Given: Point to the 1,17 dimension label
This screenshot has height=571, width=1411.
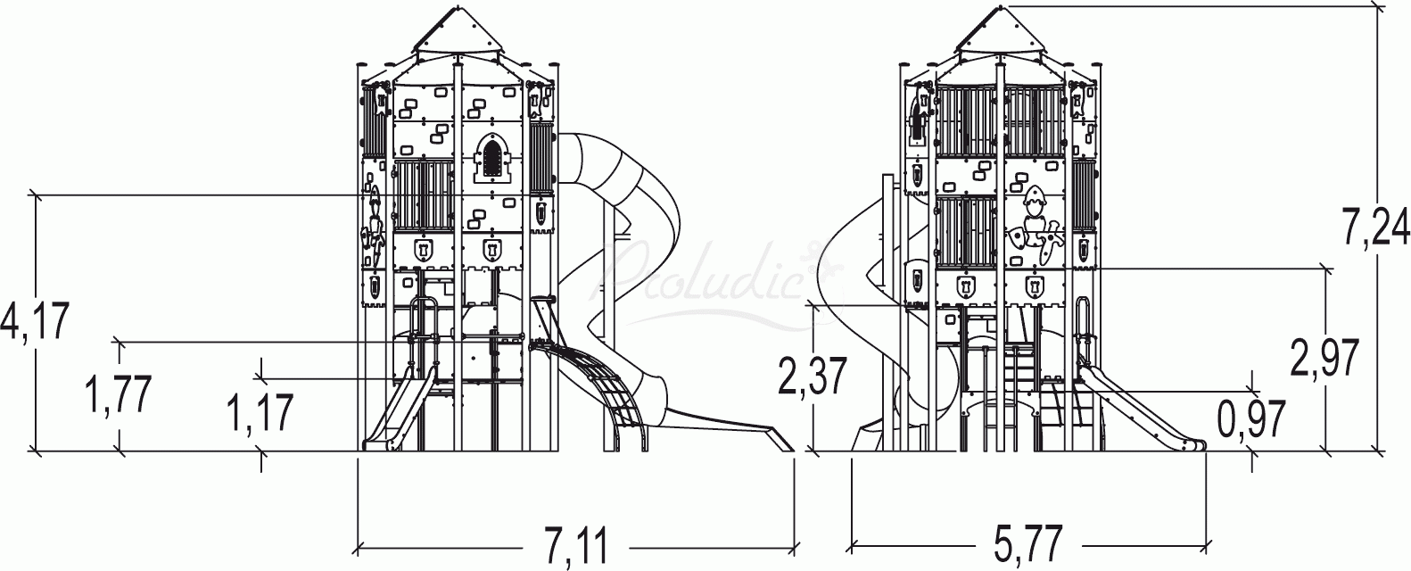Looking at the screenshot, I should pos(261,415).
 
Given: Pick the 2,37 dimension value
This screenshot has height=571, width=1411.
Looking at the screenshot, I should pos(813,377).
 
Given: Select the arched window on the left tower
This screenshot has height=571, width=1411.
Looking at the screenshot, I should pos(490,158).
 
